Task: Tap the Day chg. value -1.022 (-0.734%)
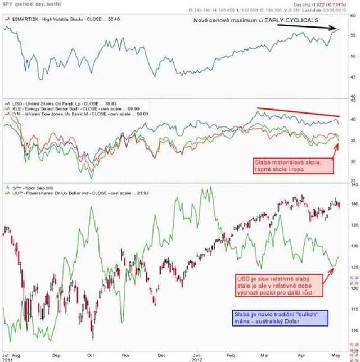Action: pos(332,4)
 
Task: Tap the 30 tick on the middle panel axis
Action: pos(353,161)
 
